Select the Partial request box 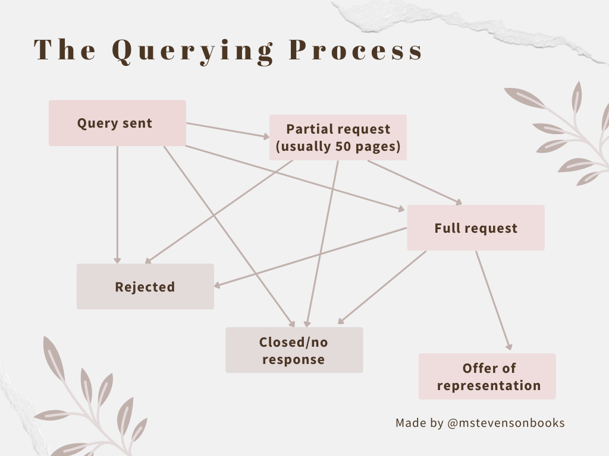[x=338, y=137]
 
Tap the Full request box [x=476, y=228]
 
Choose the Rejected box [x=145, y=287]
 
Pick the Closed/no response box [x=294, y=350]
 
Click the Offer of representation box [x=487, y=376]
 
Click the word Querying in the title [x=193, y=51]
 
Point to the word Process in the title [x=356, y=51]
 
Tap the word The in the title [x=65, y=51]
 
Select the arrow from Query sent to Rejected [x=117, y=202]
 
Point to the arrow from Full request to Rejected [x=309, y=258]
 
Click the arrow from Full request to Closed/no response [x=382, y=287]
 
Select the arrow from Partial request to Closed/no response [x=322, y=243]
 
